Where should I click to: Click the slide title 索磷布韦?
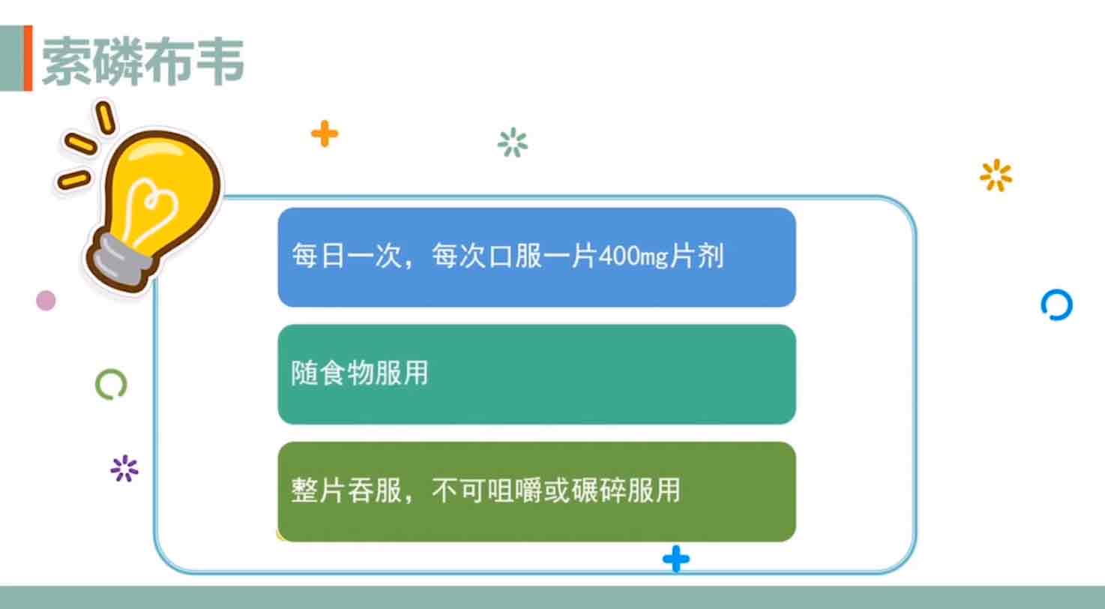[x=143, y=61]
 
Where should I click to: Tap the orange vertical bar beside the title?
[x=28, y=58]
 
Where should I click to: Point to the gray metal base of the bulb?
[x=121, y=259]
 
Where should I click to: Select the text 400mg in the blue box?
[x=633, y=256]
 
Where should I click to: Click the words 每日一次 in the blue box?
[x=346, y=256]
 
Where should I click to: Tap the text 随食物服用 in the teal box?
[x=360, y=373]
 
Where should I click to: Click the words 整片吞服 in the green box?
[x=346, y=490]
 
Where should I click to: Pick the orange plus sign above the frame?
[x=325, y=133]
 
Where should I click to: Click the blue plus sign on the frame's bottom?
[x=676, y=559]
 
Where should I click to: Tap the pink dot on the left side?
[x=46, y=300]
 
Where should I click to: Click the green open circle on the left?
[x=111, y=384]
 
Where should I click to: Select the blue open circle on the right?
[x=1057, y=305]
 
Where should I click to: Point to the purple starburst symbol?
[x=124, y=468]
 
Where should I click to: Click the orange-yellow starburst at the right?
[x=996, y=175]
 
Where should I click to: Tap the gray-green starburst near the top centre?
[x=513, y=142]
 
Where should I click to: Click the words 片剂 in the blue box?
[x=696, y=256]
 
